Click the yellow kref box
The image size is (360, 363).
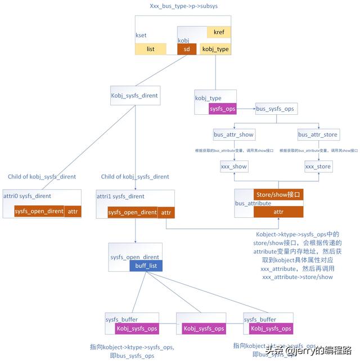tap(219, 32)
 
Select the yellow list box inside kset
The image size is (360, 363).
tap(151, 49)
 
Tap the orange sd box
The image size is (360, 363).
tap(187, 49)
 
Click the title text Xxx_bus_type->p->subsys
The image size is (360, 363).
tap(183, 7)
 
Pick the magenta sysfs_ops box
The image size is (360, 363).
tap(222, 108)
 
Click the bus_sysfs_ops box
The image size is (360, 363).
tap(274, 108)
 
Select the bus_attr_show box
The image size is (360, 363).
tap(233, 135)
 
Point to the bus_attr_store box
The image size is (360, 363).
tap(318, 135)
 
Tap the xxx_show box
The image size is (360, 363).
tap(233, 167)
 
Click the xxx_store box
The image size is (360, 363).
tap(318, 167)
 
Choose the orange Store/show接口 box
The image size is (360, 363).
tap(278, 195)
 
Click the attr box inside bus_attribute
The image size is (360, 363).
tap(278, 212)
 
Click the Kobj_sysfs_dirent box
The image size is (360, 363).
tap(134, 96)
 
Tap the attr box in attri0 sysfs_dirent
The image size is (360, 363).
tap(73, 212)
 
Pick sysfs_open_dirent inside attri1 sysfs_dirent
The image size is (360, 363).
tap(132, 212)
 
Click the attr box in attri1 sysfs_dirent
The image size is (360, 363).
tap(166, 212)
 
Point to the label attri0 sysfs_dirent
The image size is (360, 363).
tap(27, 196)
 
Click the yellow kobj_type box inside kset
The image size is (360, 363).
tap(215, 49)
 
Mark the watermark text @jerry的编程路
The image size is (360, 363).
tap(318, 351)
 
